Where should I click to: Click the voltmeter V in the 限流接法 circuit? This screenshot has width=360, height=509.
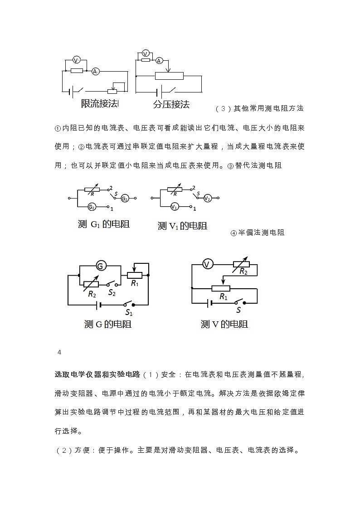pyautogui.click(x=76, y=60)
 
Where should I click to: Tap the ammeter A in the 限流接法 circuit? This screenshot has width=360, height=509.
pyautogui.click(x=95, y=71)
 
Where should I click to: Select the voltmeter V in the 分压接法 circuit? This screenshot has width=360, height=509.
pyautogui.click(x=146, y=53)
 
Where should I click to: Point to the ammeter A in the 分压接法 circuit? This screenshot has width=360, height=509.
pyautogui.click(x=159, y=60)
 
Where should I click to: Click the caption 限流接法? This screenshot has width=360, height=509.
pyautogui.click(x=99, y=104)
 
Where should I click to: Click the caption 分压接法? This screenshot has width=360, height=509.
pyautogui.click(x=171, y=105)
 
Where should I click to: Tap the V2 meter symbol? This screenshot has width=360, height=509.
pyautogui.click(x=207, y=198)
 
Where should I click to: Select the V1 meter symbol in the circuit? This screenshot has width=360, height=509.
pyautogui.click(x=175, y=207)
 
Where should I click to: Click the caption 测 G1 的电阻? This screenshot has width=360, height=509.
pyautogui.click(x=103, y=224)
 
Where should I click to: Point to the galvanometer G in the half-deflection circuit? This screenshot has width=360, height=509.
pyautogui.click(x=101, y=265)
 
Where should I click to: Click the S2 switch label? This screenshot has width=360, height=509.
pyautogui.click(x=112, y=293)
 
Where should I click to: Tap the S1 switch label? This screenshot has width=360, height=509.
pyautogui.click(x=129, y=312)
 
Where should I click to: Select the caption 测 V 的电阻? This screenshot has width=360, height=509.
pyautogui.click(x=224, y=325)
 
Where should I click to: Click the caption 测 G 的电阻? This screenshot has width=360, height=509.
pyautogui.click(x=107, y=325)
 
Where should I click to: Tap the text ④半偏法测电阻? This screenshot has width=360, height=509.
pyautogui.click(x=258, y=233)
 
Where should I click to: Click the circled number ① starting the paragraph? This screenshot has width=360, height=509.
pyautogui.click(x=58, y=128)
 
